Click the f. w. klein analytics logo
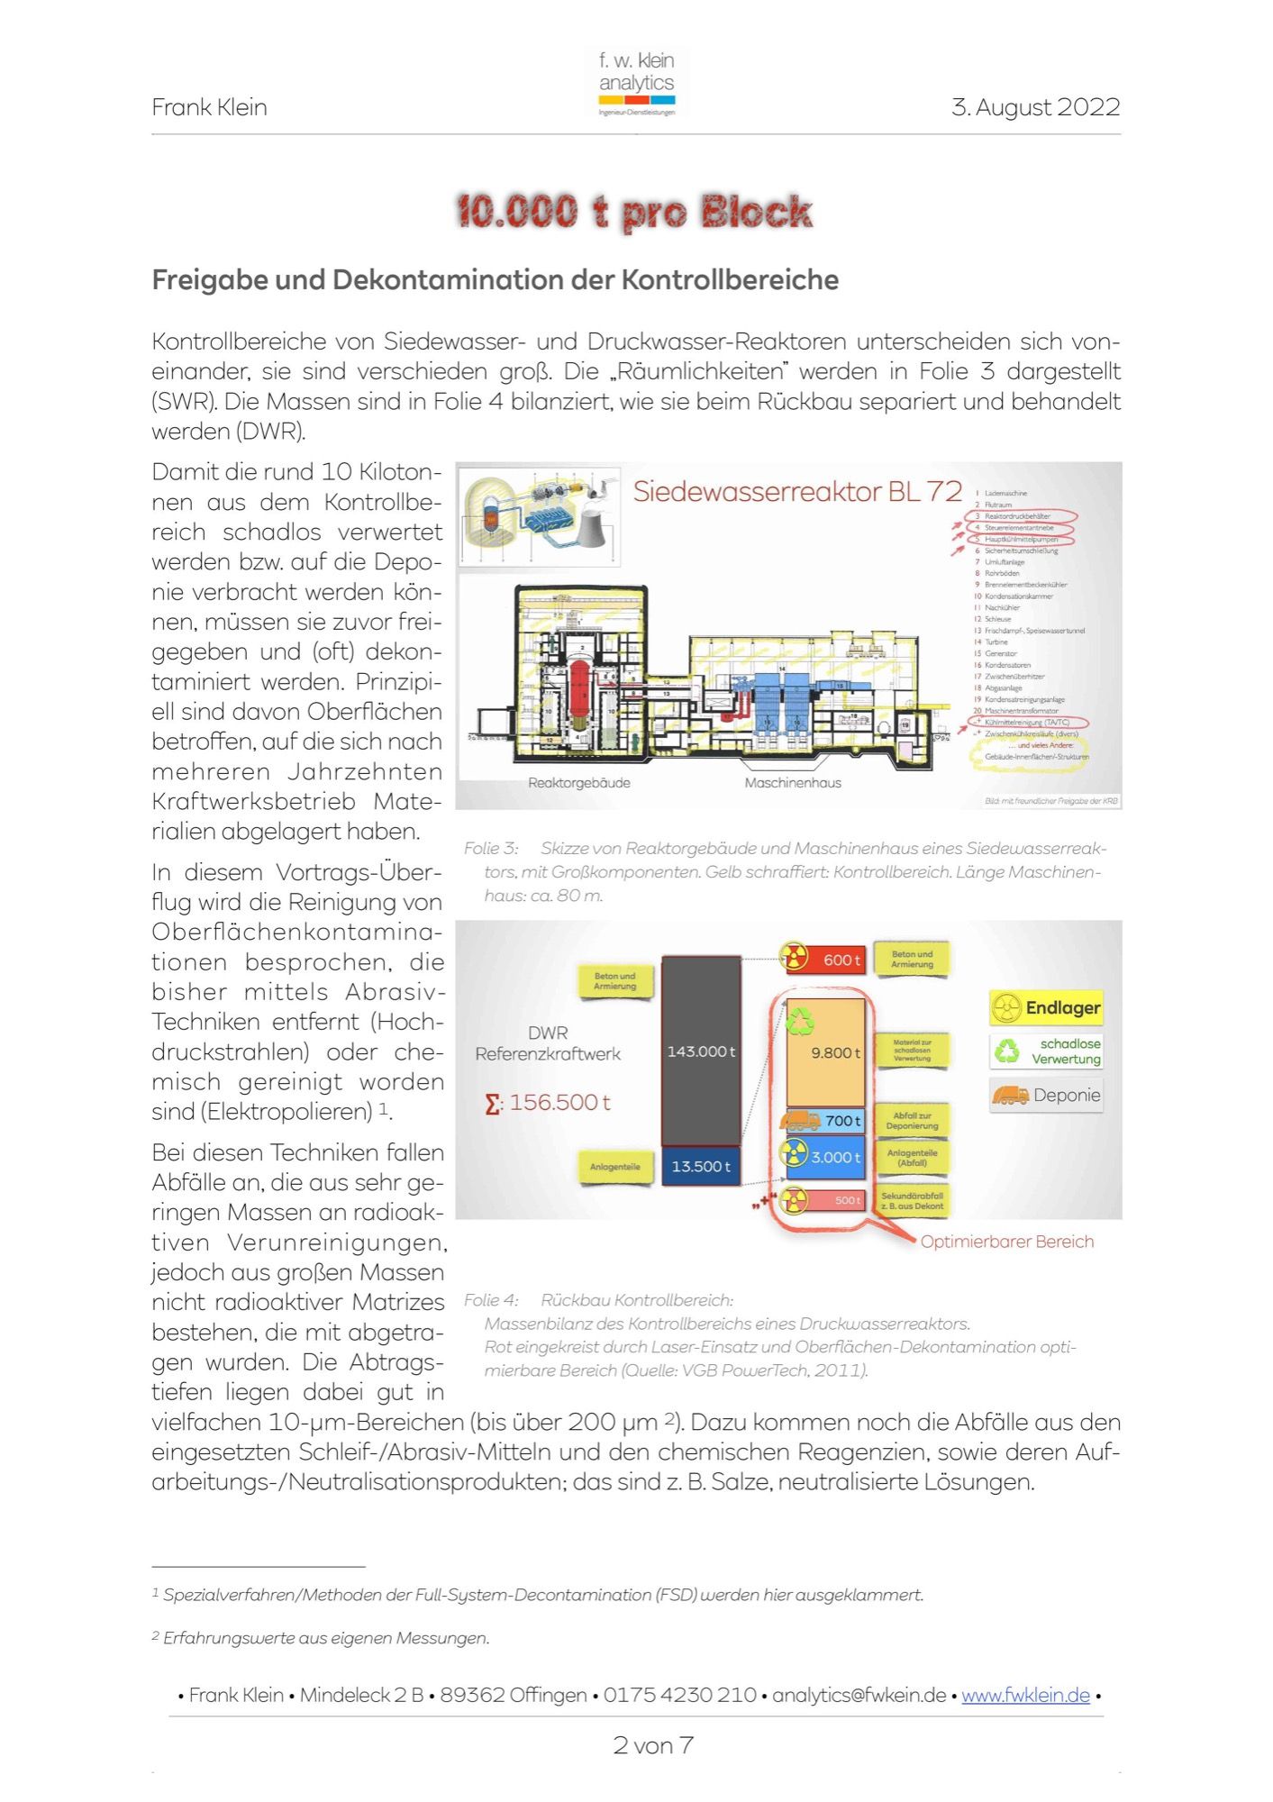(x=636, y=83)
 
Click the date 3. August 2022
(x=1035, y=107)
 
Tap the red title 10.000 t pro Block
(x=634, y=213)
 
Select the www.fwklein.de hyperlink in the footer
(x=1025, y=1695)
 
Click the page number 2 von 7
(x=653, y=1745)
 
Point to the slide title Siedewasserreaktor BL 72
(x=797, y=492)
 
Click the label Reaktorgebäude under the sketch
(x=579, y=783)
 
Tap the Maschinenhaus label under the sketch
(x=793, y=783)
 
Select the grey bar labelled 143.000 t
(x=701, y=1051)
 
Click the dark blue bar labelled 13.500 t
(x=701, y=1166)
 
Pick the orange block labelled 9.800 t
(x=825, y=1051)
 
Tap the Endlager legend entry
(x=1046, y=1007)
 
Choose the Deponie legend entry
(x=1046, y=1096)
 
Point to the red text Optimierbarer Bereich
(x=1006, y=1242)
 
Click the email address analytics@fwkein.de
(x=859, y=1695)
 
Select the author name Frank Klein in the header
(x=209, y=107)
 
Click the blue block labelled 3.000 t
(x=825, y=1157)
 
